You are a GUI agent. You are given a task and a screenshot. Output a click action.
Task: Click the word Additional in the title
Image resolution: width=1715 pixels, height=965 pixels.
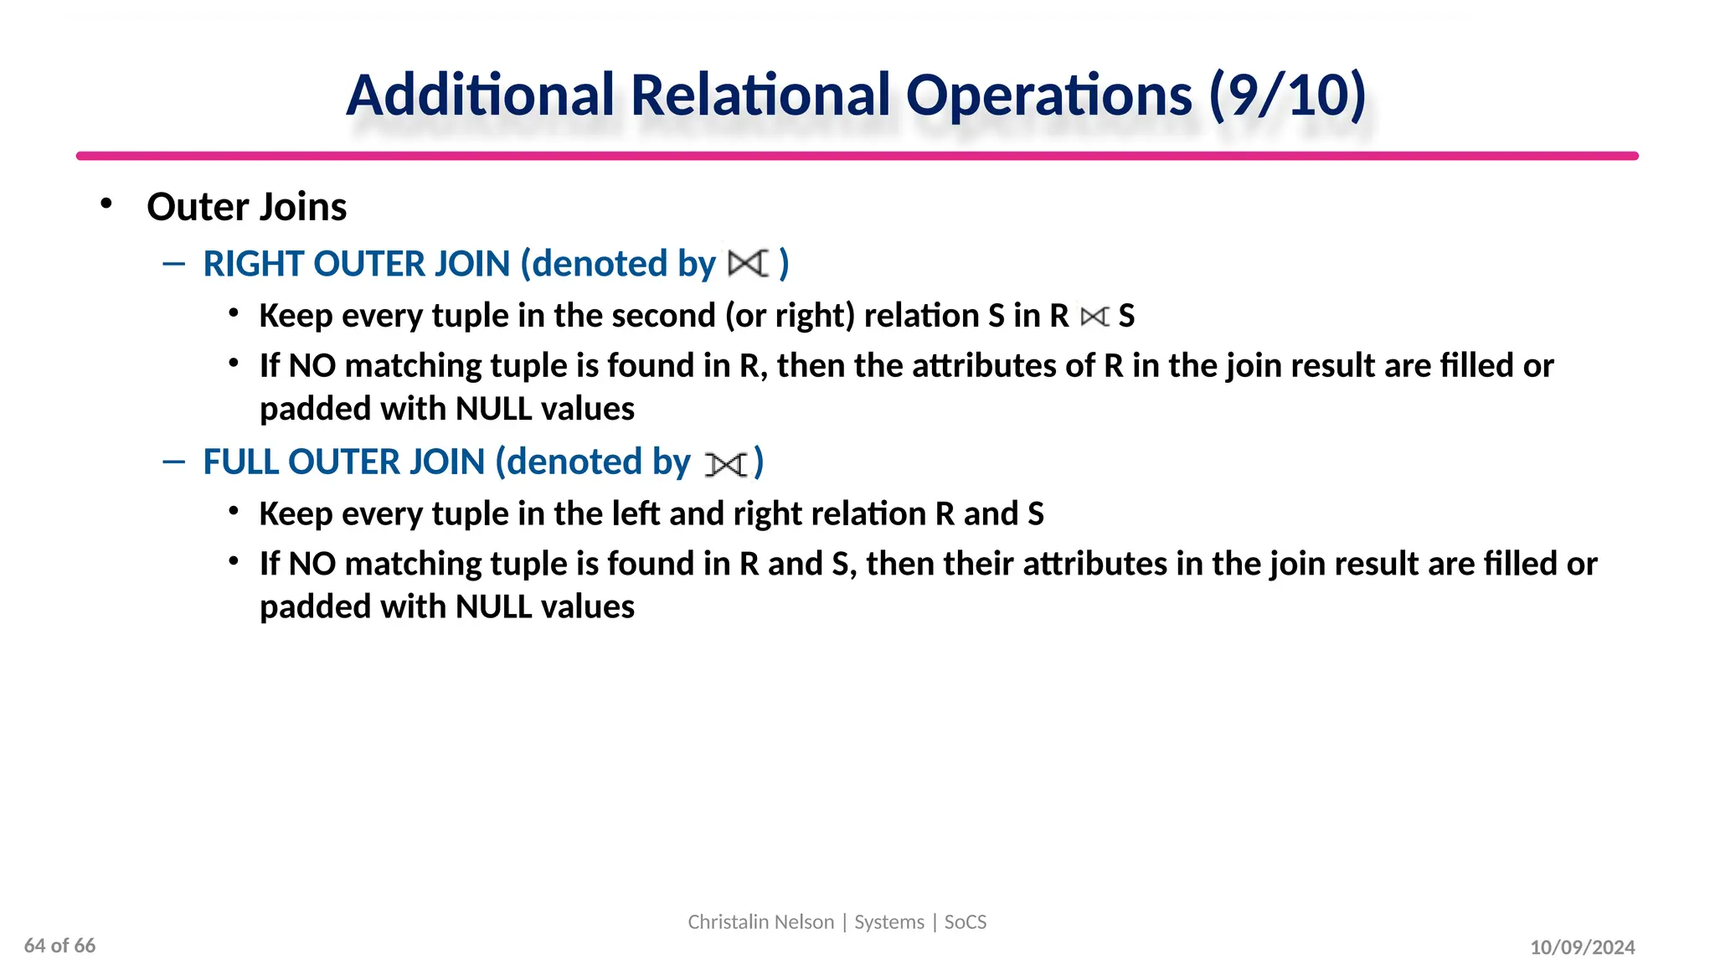(x=481, y=95)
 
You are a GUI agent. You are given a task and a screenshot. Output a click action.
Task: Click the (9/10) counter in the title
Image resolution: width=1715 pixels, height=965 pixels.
(x=1287, y=95)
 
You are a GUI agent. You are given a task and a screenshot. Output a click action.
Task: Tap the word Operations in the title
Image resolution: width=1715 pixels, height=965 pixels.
(x=1048, y=96)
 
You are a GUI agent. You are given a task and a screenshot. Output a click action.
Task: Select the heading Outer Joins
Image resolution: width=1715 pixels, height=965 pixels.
(x=246, y=207)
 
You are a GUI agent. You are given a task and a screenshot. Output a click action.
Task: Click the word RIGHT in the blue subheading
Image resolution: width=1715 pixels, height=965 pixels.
(x=253, y=264)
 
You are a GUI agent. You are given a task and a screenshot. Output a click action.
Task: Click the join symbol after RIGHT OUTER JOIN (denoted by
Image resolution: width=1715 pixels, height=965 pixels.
(x=747, y=264)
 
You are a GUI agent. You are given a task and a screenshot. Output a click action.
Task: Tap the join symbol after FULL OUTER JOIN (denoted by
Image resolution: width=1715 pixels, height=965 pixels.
(x=725, y=463)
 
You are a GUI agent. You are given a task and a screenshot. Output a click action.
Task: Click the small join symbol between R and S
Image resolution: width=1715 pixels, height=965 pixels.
(x=1094, y=317)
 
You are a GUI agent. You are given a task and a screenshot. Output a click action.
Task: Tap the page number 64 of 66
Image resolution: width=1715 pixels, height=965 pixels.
(x=59, y=946)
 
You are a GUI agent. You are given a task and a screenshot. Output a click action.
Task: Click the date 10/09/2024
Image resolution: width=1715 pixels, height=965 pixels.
(x=1582, y=947)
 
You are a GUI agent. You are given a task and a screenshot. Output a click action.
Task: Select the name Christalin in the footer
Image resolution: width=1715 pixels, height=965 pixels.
(x=726, y=922)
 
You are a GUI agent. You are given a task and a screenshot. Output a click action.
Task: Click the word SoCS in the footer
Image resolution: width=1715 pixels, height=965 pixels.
(x=966, y=922)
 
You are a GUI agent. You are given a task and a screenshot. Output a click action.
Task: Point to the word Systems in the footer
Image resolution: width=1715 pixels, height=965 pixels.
(x=888, y=922)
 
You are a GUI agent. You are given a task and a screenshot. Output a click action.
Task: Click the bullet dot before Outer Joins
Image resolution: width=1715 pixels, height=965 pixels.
(x=106, y=204)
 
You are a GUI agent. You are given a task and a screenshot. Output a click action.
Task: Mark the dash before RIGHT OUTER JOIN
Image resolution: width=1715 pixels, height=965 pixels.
(x=173, y=265)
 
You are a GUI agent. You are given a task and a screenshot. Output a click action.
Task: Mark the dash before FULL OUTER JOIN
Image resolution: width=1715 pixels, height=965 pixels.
(x=173, y=462)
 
